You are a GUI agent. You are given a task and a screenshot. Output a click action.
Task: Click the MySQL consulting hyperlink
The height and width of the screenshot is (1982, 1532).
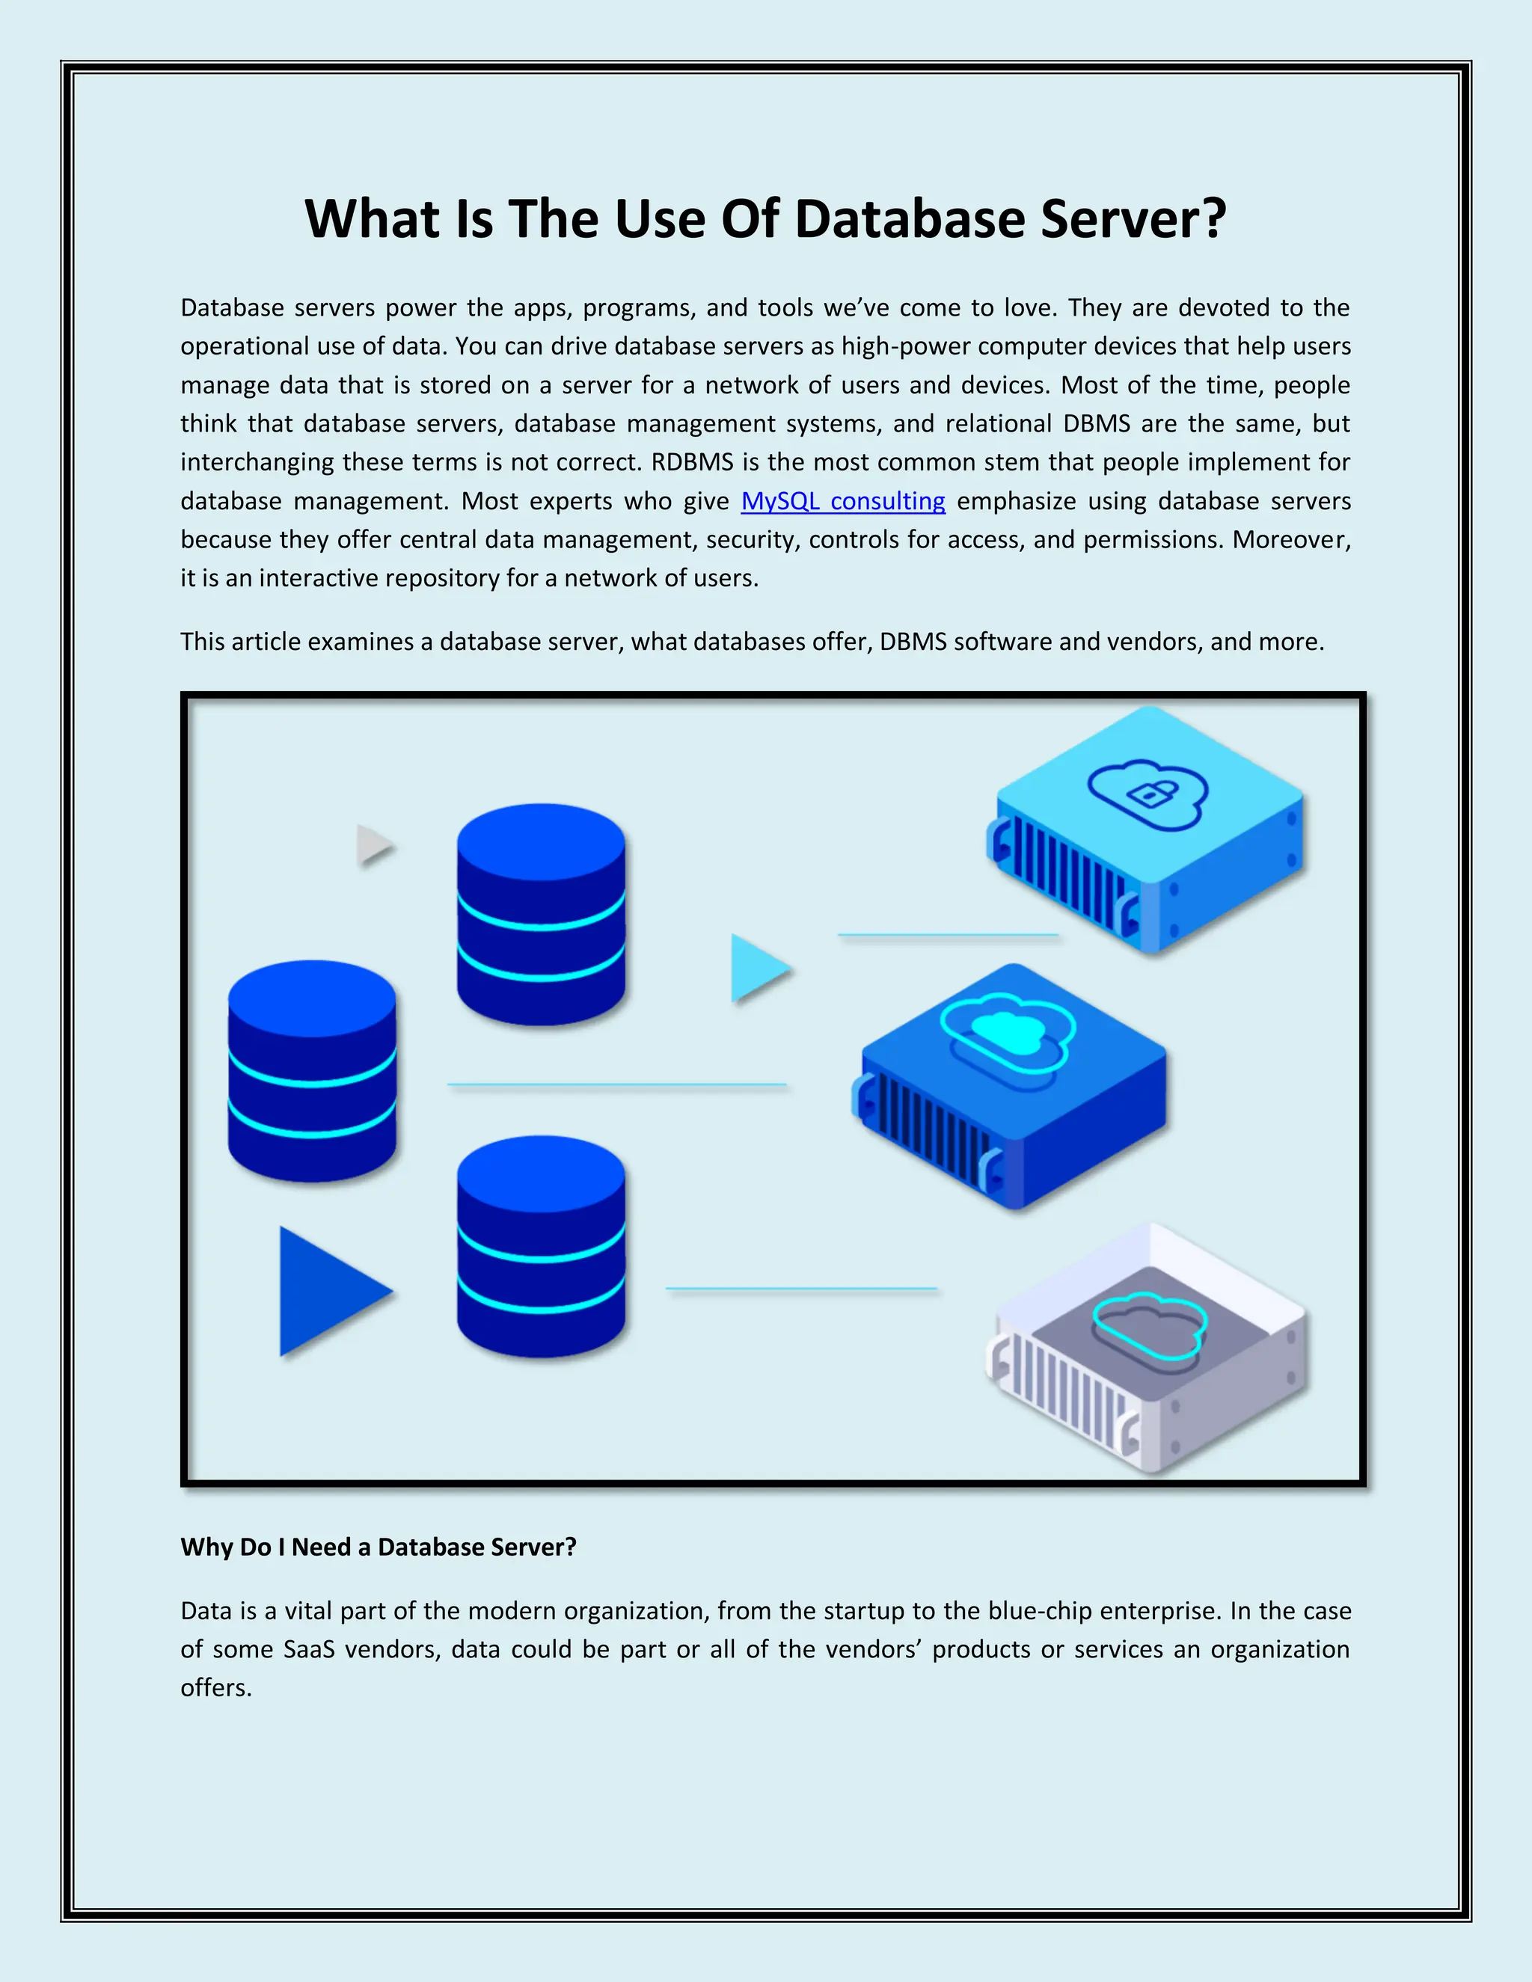click(842, 501)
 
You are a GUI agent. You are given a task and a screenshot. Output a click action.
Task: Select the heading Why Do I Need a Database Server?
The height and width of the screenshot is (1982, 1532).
click(379, 1547)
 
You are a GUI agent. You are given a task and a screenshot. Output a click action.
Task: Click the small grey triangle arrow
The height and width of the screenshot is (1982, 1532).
click(374, 845)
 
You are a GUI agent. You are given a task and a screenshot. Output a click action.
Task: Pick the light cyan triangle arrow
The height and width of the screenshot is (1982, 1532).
click(759, 969)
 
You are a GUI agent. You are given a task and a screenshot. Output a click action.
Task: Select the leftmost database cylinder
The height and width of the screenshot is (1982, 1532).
click(312, 1071)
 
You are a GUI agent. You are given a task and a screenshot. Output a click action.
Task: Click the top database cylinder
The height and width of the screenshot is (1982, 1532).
click(541, 914)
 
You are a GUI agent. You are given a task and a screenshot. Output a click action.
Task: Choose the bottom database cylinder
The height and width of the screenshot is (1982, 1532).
click(541, 1246)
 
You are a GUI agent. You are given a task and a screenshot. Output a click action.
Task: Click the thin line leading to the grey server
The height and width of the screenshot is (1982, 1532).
click(800, 1289)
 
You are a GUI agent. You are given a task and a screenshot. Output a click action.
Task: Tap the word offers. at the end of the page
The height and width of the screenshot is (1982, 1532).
click(216, 1688)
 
